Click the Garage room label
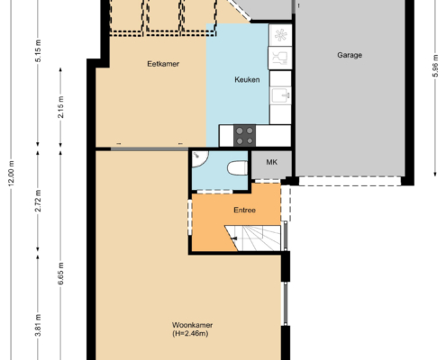tap(350, 55)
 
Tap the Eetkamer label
tap(163, 64)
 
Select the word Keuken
tap(247, 80)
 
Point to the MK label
tap(271, 162)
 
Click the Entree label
tap(244, 210)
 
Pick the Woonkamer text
tap(192, 325)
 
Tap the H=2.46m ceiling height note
tap(190, 333)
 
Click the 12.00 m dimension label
tap(11, 174)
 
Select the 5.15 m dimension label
tap(38, 50)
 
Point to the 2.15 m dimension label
tap(60, 107)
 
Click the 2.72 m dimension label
tap(38, 201)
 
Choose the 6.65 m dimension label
tap(60, 274)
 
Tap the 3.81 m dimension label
tap(38, 326)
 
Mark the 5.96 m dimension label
tap(435, 66)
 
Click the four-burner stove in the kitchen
tap(244, 136)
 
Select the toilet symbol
tap(237, 168)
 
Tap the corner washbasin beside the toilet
tap(199, 158)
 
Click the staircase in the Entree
tap(253, 238)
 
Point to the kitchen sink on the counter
tap(280, 95)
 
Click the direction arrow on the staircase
tap(234, 238)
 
